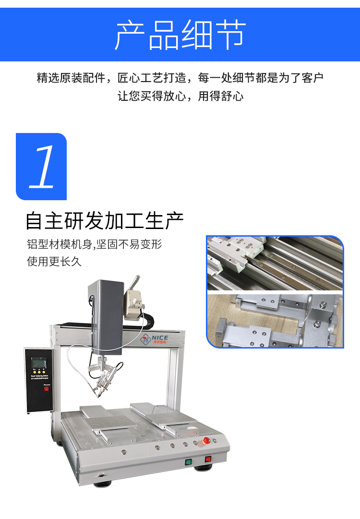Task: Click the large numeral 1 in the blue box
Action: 42,167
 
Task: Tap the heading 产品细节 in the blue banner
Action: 180,35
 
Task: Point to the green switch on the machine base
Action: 189,463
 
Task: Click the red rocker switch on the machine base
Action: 208,459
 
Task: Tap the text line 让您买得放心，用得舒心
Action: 180,96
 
